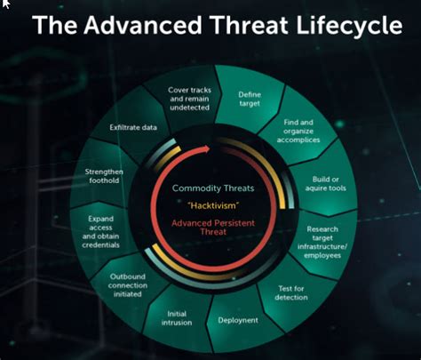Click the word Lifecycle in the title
[x=349, y=26]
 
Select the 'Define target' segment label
[x=250, y=99]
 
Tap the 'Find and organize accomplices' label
[x=298, y=131]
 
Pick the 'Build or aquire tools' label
[x=325, y=184]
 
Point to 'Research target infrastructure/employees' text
[x=322, y=242]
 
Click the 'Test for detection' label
[x=291, y=292]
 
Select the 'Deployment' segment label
[x=238, y=320]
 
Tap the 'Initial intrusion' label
[x=177, y=318]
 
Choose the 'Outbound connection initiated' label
[x=128, y=285]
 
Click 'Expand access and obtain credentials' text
[x=100, y=232]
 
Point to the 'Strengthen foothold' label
[x=104, y=176]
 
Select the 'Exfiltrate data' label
[x=133, y=127]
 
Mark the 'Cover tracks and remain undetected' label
[x=189, y=99]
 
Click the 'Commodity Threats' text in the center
[x=213, y=188]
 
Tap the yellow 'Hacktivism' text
[x=213, y=205]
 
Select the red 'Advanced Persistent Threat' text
[x=213, y=228]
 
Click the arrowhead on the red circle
[x=206, y=148]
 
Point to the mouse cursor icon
[x=5, y=4]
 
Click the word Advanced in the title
[x=143, y=25]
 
